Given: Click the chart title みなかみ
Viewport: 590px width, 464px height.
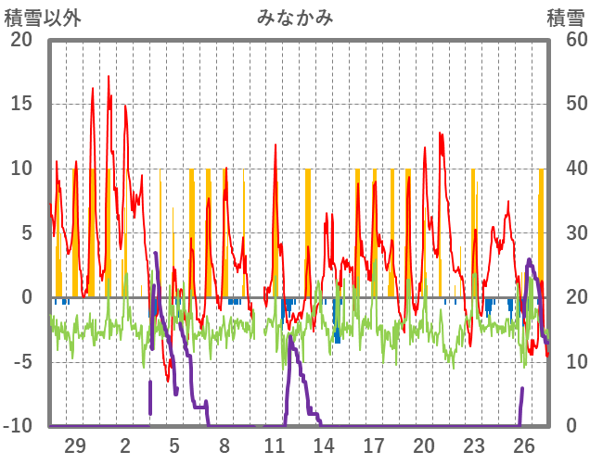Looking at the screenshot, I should [295, 18].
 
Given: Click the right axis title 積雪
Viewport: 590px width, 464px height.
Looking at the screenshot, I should [565, 18].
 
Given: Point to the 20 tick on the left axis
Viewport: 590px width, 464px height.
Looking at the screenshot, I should [21, 39].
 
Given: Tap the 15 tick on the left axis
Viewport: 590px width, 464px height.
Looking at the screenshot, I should [21, 104].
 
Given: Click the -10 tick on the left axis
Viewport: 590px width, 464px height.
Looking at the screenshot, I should [18, 426].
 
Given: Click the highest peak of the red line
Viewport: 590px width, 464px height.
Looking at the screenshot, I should [108, 76].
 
